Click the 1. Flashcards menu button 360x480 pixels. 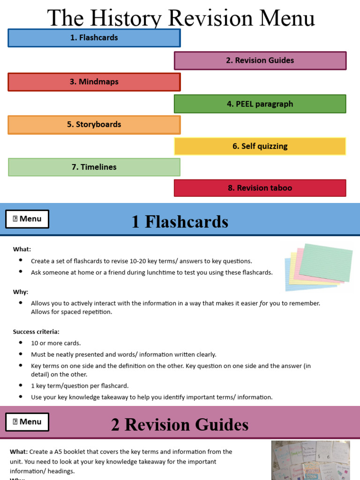coord(94,38)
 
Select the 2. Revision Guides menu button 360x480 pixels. coord(260,60)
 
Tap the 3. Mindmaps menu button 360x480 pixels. coord(94,82)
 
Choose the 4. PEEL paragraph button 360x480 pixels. coord(260,104)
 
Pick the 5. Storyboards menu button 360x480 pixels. coord(94,125)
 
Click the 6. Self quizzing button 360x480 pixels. coord(260,146)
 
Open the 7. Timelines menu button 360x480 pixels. coord(94,167)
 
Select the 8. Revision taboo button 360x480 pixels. coord(260,188)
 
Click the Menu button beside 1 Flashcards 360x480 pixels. coord(27,219)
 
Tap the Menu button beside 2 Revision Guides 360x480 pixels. coord(27,422)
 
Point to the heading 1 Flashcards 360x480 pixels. coord(180,222)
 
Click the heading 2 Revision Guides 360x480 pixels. coord(180,425)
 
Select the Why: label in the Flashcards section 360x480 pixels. coord(21,292)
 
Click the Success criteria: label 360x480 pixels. coord(36,332)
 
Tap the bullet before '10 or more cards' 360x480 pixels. coord(21,343)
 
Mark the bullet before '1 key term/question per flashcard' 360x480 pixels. coord(21,385)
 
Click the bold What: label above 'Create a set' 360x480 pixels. coord(22,249)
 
